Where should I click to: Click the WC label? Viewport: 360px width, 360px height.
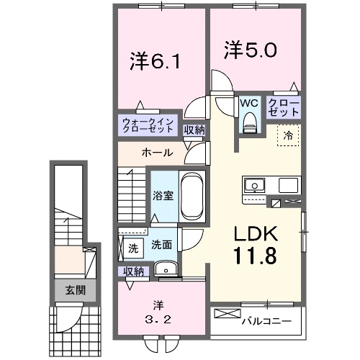(249, 103)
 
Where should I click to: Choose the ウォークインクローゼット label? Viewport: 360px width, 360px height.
(148, 125)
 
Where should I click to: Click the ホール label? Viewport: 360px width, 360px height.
(156, 153)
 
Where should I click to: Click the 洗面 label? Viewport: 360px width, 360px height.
(161, 245)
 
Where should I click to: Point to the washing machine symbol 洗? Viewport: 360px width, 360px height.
(132, 248)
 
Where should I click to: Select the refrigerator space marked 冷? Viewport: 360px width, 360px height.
(287, 135)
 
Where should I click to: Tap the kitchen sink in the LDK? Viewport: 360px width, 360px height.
(254, 186)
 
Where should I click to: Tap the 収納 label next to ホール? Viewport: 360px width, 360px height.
(193, 130)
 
